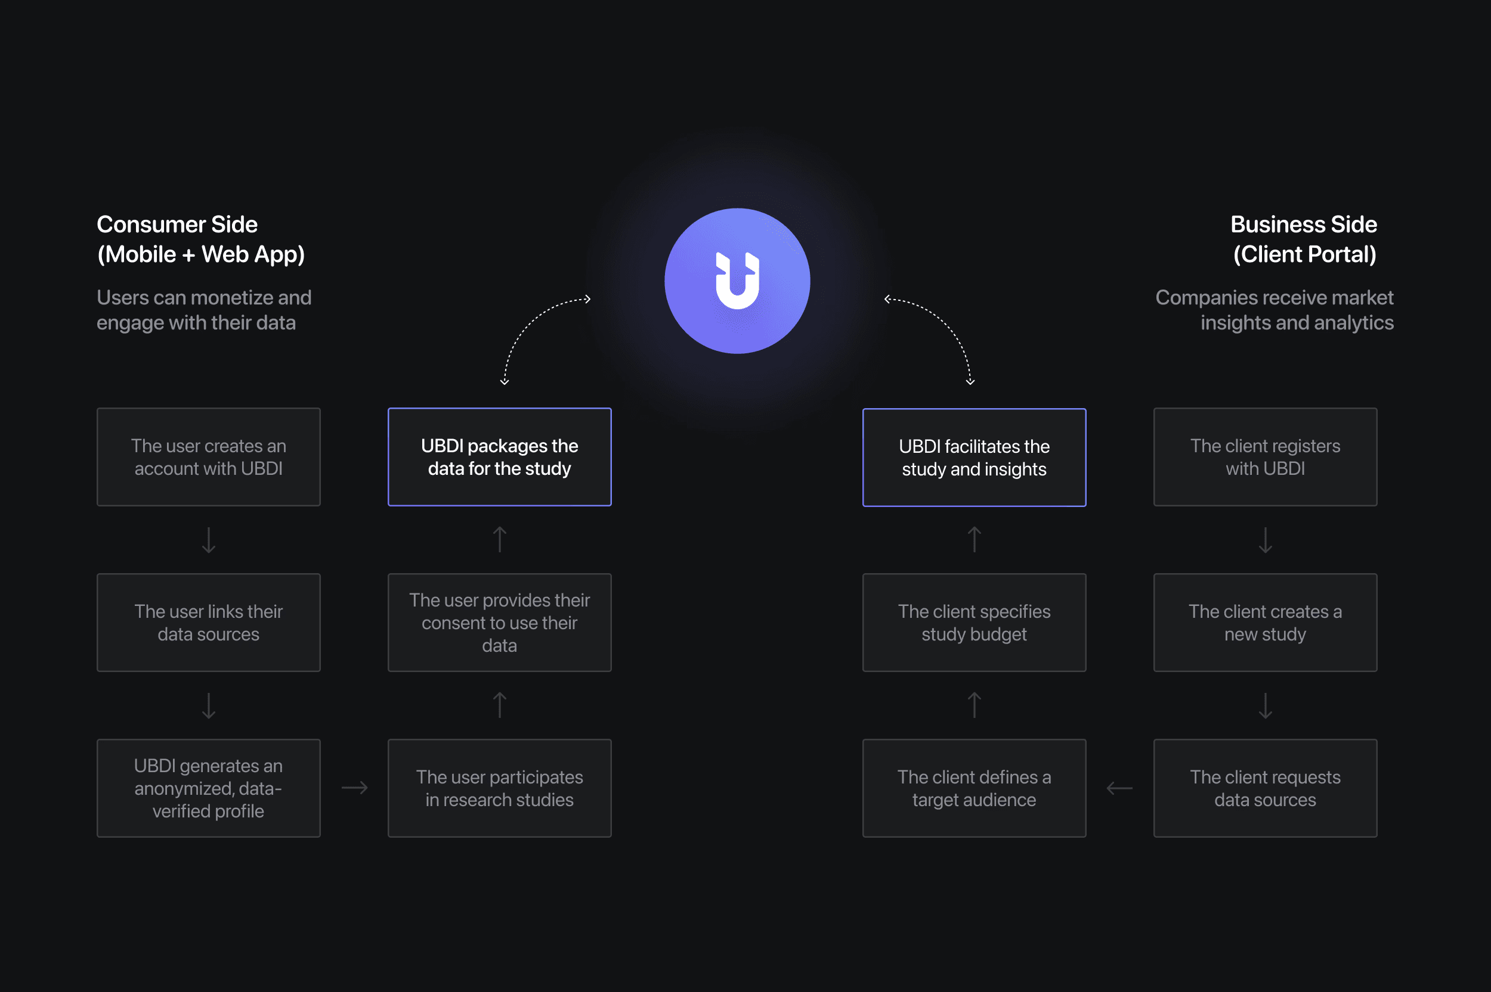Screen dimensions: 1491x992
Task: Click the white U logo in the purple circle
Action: coord(737,281)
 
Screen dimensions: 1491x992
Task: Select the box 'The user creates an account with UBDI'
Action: coord(208,457)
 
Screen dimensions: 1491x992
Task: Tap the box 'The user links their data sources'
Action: coord(208,623)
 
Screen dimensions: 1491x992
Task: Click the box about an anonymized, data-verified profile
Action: coord(208,788)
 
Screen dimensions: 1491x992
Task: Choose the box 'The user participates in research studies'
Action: coord(500,788)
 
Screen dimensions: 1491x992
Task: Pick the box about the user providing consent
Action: coord(500,623)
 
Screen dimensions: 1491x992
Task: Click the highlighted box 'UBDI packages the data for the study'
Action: coord(500,457)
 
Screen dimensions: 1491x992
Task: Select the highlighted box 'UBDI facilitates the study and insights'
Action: coord(974,458)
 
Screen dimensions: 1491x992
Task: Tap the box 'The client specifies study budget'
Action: coord(974,623)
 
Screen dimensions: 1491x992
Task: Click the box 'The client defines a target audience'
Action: coord(974,788)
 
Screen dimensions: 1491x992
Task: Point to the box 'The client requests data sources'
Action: coord(1265,788)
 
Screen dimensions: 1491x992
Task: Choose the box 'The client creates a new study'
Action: coord(1265,623)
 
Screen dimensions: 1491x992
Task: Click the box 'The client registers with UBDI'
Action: coord(1265,457)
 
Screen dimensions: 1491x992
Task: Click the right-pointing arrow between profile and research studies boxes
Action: coord(354,788)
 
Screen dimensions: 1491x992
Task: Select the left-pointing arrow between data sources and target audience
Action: coord(1119,788)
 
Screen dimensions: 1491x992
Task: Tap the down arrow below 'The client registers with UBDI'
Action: coord(1265,540)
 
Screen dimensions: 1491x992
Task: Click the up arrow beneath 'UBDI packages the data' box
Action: coord(500,540)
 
